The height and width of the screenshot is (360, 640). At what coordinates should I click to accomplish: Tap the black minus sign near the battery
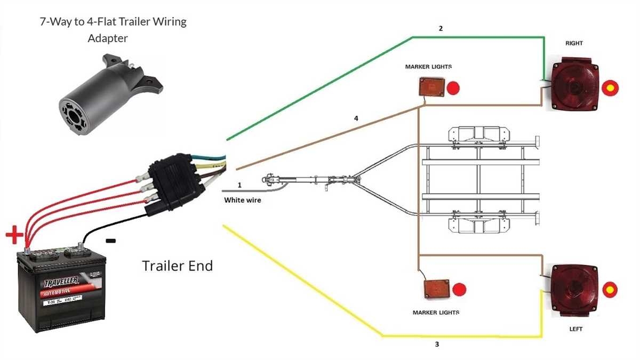point(110,241)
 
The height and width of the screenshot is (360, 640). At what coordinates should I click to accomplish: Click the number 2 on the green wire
point(441,29)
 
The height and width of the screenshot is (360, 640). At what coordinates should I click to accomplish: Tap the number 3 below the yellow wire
point(437,345)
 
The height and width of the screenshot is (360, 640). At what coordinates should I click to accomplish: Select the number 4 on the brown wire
point(356,118)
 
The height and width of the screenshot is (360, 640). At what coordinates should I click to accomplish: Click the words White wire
point(243,201)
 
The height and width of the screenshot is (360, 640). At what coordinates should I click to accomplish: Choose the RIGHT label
point(574,43)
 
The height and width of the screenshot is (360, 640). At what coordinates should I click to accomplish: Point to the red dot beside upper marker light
point(453,88)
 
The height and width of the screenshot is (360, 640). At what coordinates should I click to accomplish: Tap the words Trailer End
point(177,265)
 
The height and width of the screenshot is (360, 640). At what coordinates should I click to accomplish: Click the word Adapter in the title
point(108,39)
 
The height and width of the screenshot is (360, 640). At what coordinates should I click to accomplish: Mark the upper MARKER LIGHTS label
point(428,67)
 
